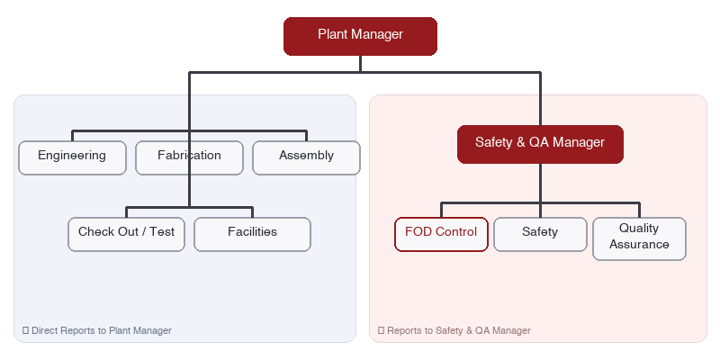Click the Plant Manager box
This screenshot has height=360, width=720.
pos(360,36)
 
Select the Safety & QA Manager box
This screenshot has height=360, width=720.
pos(540,143)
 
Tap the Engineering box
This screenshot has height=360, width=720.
pos(72,157)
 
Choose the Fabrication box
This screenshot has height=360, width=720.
pos(189,157)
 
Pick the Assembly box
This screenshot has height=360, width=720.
pos(306,157)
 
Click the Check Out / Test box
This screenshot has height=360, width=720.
pos(126,233)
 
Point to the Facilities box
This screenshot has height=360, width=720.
pos(252,233)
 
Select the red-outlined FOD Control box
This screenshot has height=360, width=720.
pos(441,233)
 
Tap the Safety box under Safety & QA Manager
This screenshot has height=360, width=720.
pos(540,233)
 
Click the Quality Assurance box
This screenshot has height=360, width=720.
pos(639,238)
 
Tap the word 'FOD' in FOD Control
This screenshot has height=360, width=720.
pos(418,232)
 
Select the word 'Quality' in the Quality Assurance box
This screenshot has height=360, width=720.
pos(639,229)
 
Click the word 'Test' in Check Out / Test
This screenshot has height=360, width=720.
pos(162,232)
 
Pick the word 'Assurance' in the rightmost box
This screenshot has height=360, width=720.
pos(639,245)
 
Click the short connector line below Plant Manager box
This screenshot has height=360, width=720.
pos(360,63)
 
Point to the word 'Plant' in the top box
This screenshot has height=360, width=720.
pos(332,35)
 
